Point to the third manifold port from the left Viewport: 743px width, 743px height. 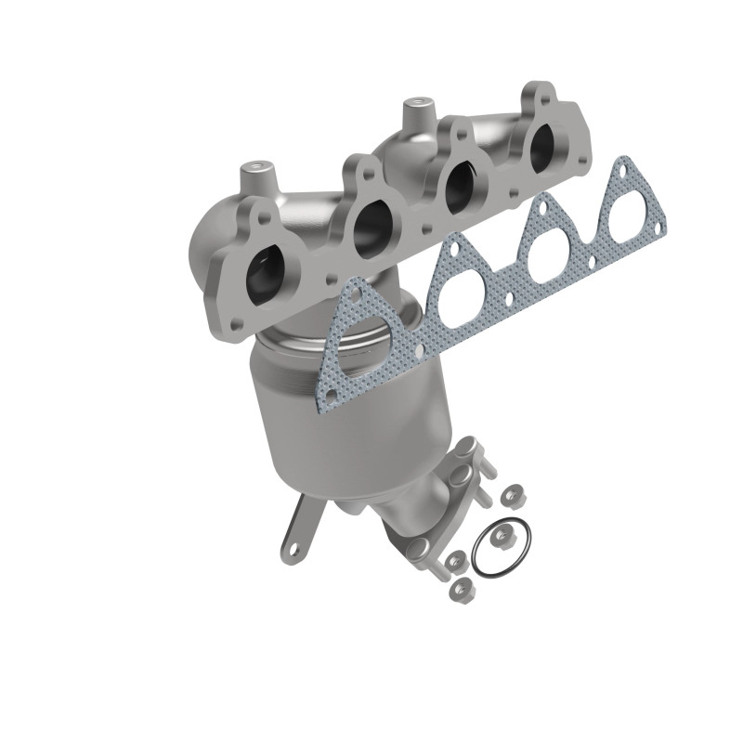[458, 183]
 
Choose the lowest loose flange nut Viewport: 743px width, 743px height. [457, 587]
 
